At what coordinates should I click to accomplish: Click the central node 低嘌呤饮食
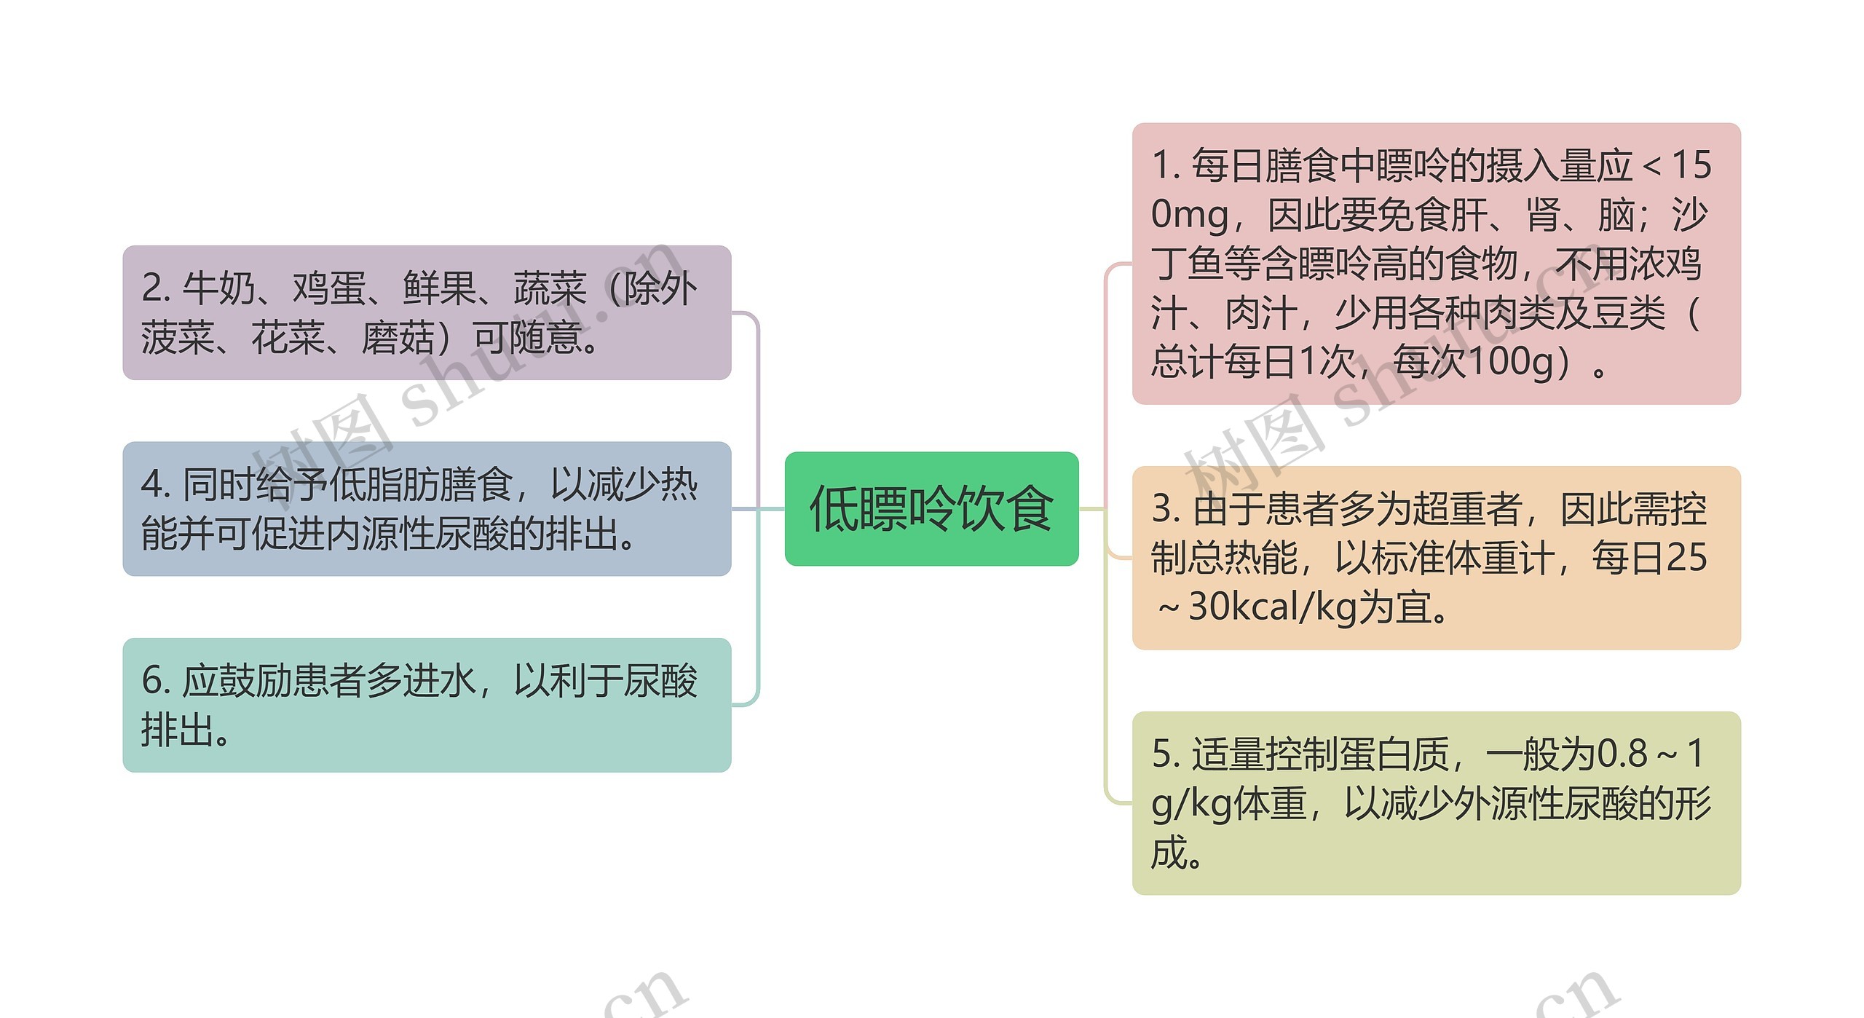pos(931,508)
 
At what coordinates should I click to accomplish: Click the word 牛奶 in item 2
pos(218,288)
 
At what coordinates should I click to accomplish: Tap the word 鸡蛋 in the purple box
pos(329,288)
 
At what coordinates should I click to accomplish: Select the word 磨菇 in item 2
pos(398,338)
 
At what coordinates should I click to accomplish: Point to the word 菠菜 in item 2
pos(178,338)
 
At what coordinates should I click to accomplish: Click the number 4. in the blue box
pos(156,485)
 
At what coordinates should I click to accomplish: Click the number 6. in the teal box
pos(156,681)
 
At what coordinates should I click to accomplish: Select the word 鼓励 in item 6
pos(255,681)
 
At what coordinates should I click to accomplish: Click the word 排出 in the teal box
pos(178,730)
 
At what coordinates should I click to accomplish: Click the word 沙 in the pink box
pos(1689,215)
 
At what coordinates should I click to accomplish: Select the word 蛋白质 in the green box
pos(1395,754)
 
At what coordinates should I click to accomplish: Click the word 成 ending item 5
pos(1169,853)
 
